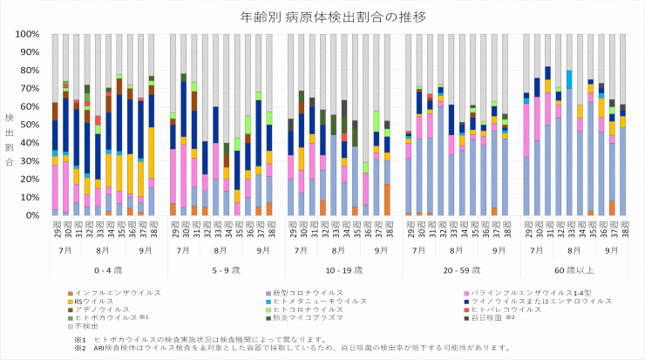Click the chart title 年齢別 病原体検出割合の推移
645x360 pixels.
click(322, 16)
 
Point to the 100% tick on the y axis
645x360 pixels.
click(28, 34)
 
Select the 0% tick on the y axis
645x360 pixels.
click(33, 215)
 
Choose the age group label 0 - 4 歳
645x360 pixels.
click(103, 271)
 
